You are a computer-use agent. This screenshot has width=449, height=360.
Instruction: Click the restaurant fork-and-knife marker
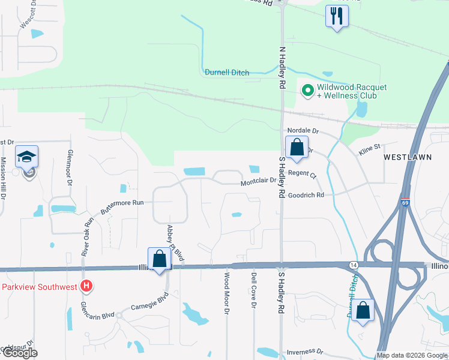click(336, 15)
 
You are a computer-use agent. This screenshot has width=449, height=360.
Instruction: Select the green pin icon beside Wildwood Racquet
click(308, 91)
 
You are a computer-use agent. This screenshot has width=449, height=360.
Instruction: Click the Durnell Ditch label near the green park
click(228, 73)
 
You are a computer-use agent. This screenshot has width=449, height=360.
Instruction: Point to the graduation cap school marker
click(27, 157)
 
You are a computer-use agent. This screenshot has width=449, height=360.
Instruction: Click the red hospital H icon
click(86, 286)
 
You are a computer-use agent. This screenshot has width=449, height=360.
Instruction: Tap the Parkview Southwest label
click(39, 287)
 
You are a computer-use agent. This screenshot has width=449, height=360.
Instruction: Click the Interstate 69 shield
click(406, 203)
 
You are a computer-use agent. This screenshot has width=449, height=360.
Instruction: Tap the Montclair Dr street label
click(259, 181)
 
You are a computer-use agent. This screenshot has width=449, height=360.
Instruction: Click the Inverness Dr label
click(305, 352)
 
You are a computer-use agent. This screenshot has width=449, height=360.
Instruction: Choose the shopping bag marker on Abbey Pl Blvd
click(160, 260)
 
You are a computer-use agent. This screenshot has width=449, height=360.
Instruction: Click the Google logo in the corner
click(19, 353)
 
